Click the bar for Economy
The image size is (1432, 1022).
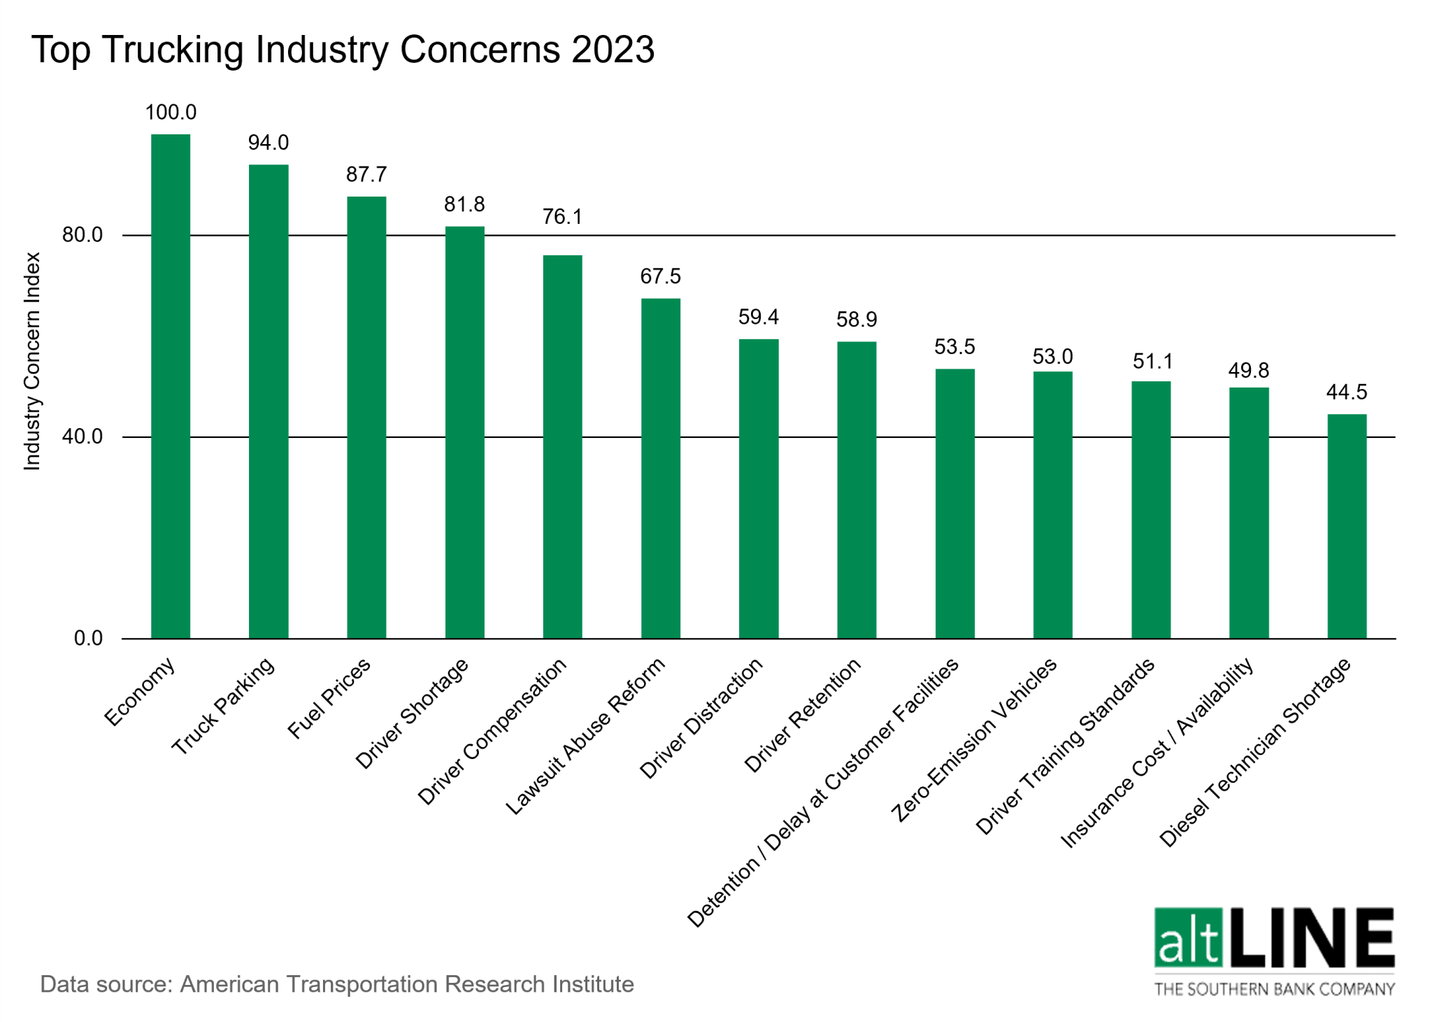click(x=171, y=386)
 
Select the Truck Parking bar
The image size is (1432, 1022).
click(x=268, y=402)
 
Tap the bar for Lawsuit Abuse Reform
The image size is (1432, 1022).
click(x=661, y=469)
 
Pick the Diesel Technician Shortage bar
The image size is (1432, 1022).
click(x=1347, y=526)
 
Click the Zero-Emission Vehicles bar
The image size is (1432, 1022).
click(x=1052, y=505)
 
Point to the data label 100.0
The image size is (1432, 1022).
click(x=171, y=113)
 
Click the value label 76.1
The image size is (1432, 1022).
click(x=562, y=217)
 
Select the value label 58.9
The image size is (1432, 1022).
click(x=857, y=320)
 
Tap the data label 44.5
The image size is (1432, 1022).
click(x=1347, y=392)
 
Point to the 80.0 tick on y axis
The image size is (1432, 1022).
click(x=83, y=235)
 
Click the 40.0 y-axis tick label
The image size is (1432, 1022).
click(x=83, y=437)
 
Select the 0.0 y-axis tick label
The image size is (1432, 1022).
click(x=88, y=638)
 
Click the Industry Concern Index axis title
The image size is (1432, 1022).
click(x=32, y=361)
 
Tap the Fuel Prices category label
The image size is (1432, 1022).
click(x=329, y=700)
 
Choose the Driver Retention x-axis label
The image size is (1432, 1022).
click(x=802, y=716)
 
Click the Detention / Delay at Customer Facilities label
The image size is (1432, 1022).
click(x=822, y=793)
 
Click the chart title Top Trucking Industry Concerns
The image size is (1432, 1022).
click(x=343, y=50)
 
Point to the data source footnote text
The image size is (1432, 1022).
click(x=337, y=984)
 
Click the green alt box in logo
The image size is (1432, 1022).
click(x=1188, y=937)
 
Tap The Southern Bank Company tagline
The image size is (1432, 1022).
click(x=1274, y=988)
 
